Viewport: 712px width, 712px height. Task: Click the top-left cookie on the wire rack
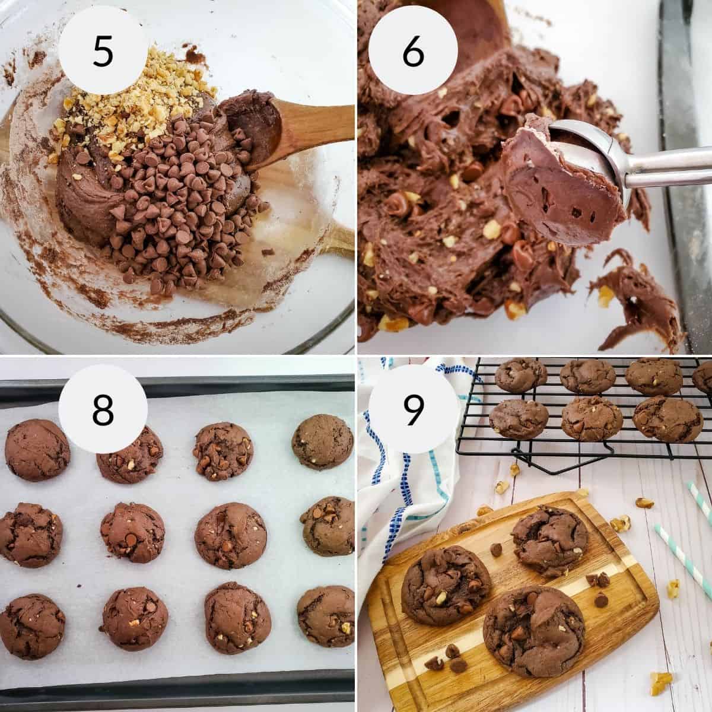(x=520, y=374)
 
